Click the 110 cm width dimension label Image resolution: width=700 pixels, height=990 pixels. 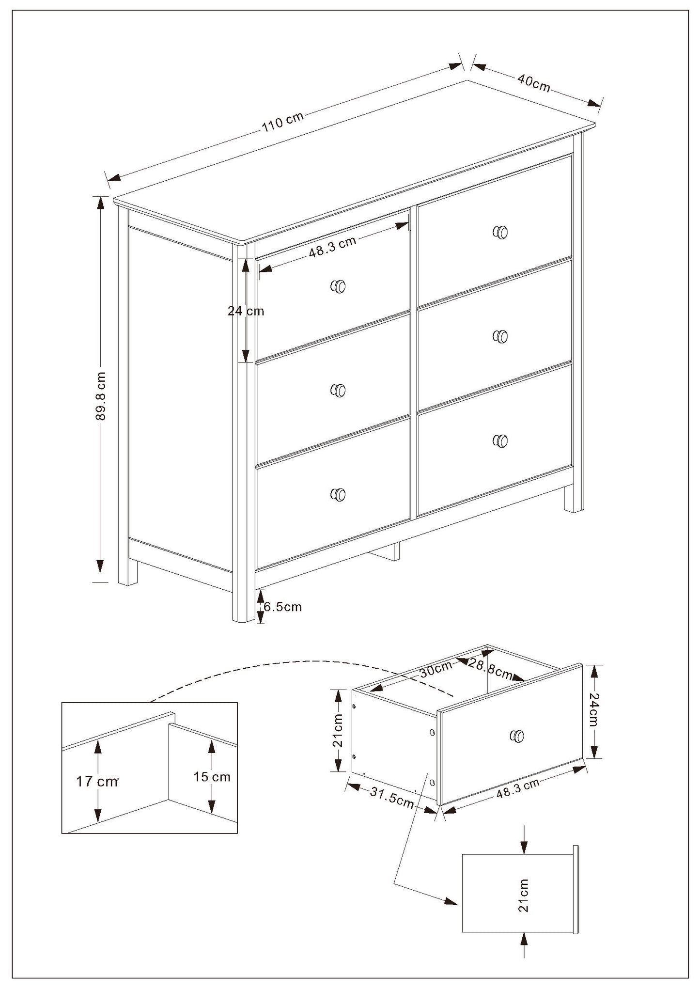pos(282,122)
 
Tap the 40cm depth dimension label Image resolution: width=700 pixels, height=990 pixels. pos(534,83)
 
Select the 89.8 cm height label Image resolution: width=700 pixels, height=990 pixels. pos(101,395)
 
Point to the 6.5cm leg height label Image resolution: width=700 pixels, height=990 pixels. pos(282,607)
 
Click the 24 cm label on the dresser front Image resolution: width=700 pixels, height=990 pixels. pos(246,311)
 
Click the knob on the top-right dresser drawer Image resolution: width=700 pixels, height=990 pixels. pos(500,232)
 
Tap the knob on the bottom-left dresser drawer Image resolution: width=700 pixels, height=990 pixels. pos(338,494)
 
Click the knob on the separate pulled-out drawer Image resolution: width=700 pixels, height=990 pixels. pos(517,736)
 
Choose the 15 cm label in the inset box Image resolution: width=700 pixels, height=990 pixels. pos(212,777)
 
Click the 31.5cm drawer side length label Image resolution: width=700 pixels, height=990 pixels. pos(392,798)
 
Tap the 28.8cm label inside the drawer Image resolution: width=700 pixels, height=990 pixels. pos(491,669)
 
